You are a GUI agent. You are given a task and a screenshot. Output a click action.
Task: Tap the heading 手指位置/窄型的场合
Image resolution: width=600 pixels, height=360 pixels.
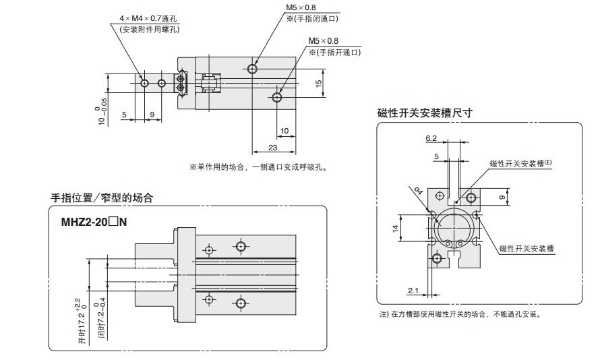pos(102,198)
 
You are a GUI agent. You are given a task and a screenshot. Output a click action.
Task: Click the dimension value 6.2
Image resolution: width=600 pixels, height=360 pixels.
pos(431,138)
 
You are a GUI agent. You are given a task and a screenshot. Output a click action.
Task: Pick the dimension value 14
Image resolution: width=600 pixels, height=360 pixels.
pos(395,229)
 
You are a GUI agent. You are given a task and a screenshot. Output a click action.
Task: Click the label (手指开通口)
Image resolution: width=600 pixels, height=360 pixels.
pos(334,52)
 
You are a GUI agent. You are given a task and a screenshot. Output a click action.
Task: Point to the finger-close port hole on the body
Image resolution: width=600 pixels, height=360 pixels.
pos(252,69)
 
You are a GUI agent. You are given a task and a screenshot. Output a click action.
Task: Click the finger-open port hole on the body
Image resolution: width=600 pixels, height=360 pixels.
pos(277,97)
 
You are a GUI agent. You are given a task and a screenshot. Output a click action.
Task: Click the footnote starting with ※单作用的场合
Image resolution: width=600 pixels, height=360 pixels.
pos(258,167)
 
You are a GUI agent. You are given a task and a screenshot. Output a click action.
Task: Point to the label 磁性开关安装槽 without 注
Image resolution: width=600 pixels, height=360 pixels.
pos(527,249)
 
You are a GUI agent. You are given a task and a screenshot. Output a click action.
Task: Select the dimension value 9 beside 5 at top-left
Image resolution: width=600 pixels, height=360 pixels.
pos(152,115)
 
